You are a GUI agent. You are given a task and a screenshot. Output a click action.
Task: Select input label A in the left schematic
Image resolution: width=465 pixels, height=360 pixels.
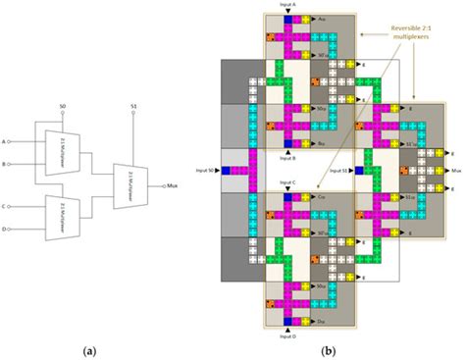tap(7, 141)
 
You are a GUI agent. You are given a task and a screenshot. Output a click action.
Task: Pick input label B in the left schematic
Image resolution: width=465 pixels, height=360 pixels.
tap(7, 164)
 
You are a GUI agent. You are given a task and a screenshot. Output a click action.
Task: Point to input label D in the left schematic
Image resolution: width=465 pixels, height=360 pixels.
tap(7, 229)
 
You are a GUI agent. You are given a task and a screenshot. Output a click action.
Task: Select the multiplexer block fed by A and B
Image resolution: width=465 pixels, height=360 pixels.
tap(50, 152)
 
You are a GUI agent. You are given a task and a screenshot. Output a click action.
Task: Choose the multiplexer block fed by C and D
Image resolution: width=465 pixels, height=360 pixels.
tap(50, 217)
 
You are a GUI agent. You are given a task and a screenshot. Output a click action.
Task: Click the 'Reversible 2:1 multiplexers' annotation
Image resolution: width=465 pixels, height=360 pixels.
tap(418, 37)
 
